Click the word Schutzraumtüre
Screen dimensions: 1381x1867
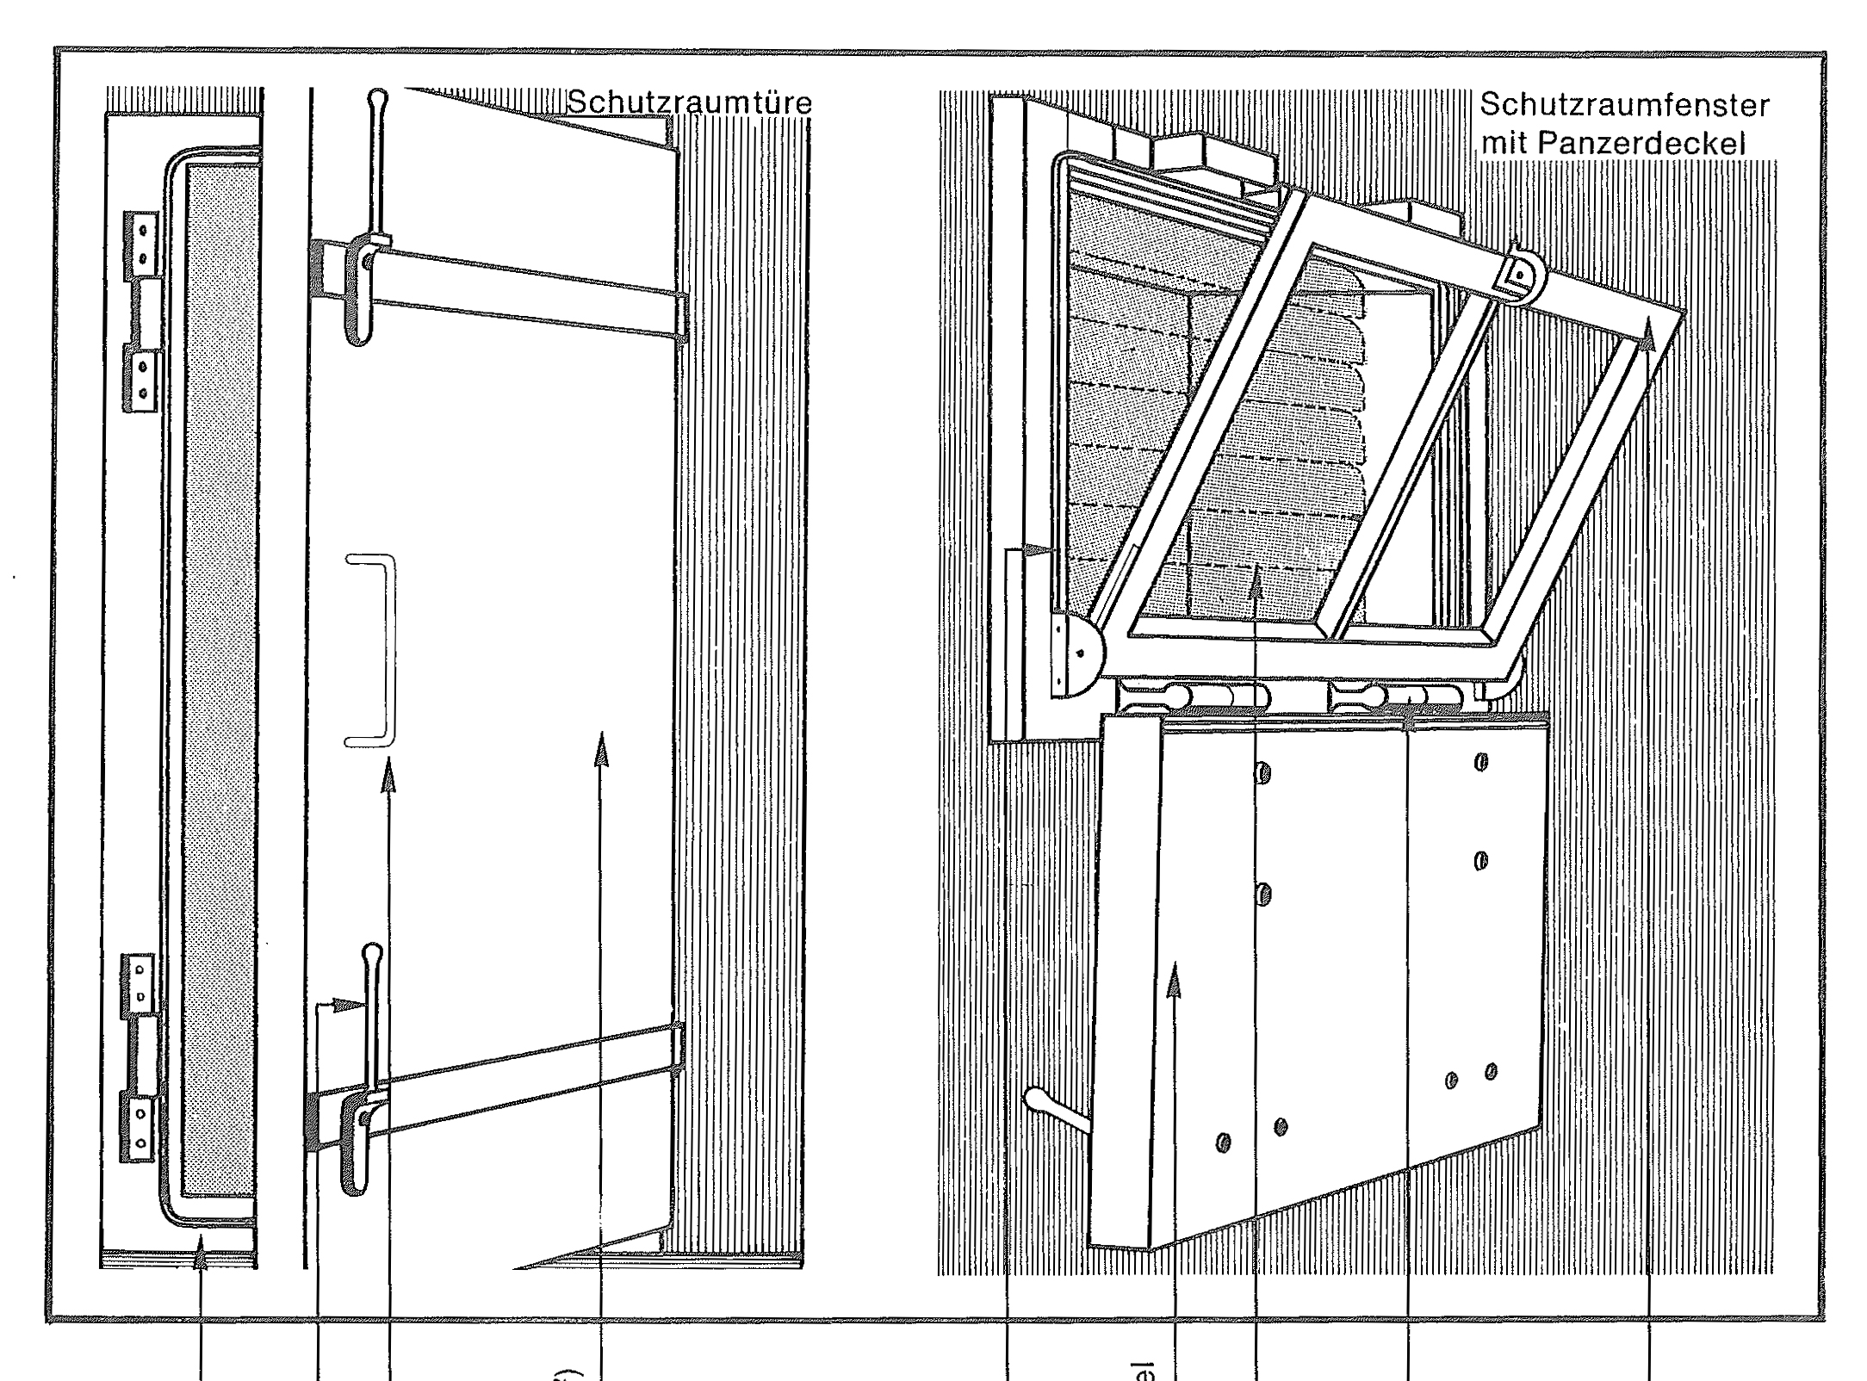(690, 104)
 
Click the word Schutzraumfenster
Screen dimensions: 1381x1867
(1624, 107)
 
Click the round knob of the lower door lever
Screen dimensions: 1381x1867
(373, 954)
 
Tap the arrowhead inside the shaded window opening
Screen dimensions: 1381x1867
(1256, 587)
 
